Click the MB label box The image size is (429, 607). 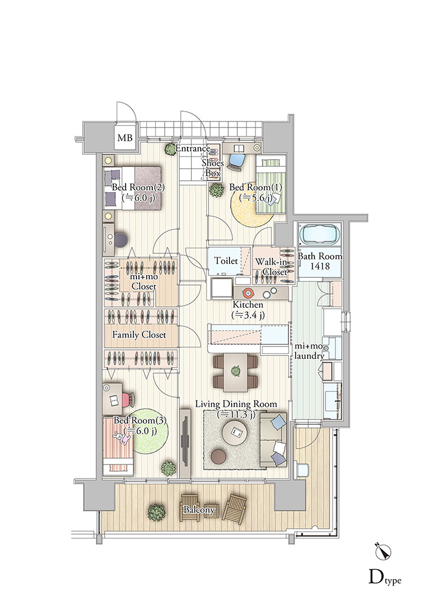point(124,137)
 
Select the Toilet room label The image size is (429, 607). point(226,260)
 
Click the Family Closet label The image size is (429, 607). point(139,334)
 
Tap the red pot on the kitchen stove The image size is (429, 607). point(247,293)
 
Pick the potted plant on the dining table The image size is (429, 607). point(235,371)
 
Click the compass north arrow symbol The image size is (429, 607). point(383,552)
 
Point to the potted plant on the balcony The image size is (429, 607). point(157,512)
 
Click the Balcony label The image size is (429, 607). point(199,510)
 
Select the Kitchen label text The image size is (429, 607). point(248,305)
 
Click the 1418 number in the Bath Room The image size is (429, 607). point(320,266)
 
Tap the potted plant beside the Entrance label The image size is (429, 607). point(170,149)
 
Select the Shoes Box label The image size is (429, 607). point(212,168)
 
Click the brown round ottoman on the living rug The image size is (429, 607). point(219,456)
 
